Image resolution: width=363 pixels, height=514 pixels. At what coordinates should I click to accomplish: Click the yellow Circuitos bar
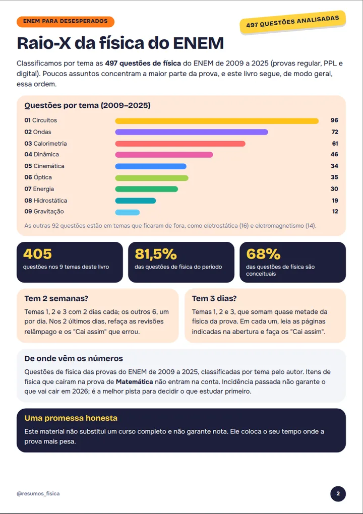click(217, 121)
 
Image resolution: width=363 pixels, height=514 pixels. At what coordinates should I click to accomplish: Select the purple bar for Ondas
click(192, 132)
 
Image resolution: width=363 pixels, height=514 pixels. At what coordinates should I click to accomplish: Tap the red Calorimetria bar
click(180, 144)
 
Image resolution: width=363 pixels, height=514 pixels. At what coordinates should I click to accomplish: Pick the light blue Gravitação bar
click(127, 212)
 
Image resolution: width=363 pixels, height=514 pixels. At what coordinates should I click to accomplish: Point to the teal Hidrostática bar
click(136, 201)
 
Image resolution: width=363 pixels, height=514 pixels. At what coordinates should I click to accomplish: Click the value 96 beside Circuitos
click(334, 120)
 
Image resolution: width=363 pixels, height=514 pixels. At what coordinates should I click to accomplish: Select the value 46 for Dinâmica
click(334, 154)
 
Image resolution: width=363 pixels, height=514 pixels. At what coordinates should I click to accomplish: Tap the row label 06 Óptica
click(38, 177)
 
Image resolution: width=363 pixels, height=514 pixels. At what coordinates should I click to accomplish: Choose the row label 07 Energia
click(39, 189)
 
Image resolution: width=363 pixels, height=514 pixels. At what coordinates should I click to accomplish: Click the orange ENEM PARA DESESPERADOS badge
click(65, 21)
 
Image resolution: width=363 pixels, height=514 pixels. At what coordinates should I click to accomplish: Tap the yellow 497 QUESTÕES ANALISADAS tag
click(293, 22)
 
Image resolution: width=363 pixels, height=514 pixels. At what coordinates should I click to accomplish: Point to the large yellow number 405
click(37, 254)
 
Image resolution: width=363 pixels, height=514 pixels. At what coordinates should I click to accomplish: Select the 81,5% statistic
click(156, 254)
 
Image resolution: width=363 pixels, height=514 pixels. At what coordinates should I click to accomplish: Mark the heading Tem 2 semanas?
click(56, 299)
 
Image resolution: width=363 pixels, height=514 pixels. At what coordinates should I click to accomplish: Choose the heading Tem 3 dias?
click(214, 299)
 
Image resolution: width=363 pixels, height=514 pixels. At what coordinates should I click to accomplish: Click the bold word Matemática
click(135, 382)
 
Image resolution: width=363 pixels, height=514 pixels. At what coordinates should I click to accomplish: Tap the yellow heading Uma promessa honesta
click(71, 418)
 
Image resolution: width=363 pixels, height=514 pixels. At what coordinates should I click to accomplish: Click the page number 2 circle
click(338, 494)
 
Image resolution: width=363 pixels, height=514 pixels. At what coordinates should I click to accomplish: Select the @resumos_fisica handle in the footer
click(38, 494)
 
